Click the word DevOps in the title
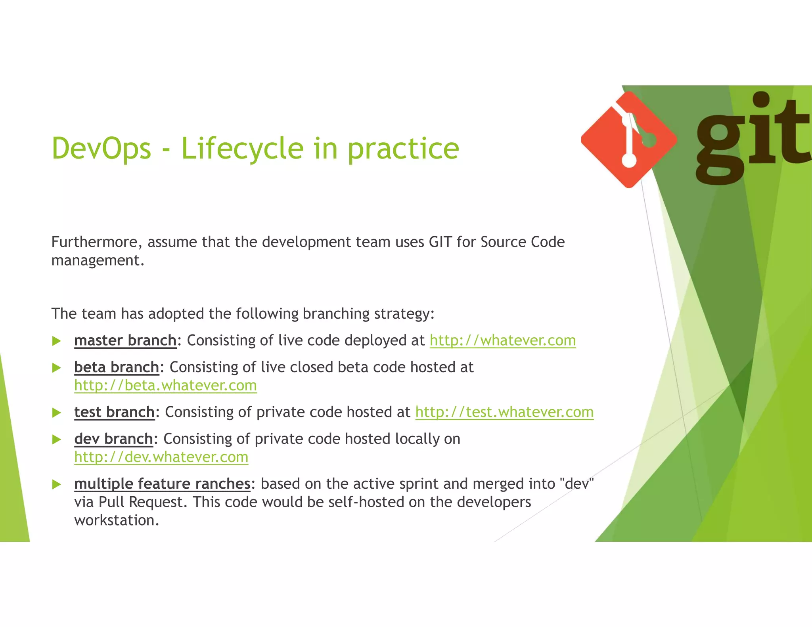pos(101,148)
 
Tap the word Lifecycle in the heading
pos(242,148)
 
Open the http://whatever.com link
pos(502,340)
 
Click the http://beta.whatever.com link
pos(165,386)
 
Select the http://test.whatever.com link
pos(504,412)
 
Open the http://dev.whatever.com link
pos(161,457)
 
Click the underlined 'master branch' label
pos(125,340)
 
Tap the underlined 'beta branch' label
pos(117,367)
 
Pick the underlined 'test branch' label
pos(114,412)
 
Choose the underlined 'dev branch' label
pos(113,439)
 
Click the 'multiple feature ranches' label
pos(162,484)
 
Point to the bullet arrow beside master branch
pos(57,341)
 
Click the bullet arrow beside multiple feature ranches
pos(57,484)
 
